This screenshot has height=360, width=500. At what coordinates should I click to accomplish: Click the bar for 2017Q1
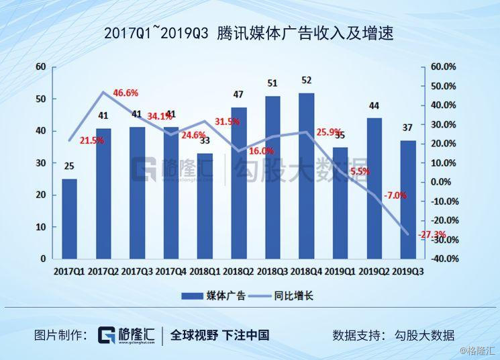click(x=69, y=218)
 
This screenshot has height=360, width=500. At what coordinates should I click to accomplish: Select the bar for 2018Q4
click(x=306, y=175)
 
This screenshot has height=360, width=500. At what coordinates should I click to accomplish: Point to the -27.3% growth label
click(x=432, y=234)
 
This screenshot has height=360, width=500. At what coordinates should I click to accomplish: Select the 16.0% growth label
click(x=261, y=151)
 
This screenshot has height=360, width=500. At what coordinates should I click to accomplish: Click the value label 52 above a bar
click(x=306, y=81)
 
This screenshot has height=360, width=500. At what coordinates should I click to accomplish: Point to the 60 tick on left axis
click(x=41, y=66)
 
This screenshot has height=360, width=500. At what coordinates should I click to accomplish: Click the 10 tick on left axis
click(x=41, y=227)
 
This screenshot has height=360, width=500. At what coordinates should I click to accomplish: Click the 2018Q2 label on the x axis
click(x=238, y=271)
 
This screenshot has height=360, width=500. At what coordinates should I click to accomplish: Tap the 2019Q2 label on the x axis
click(x=374, y=271)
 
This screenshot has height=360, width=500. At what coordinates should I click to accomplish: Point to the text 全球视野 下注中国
click(x=219, y=335)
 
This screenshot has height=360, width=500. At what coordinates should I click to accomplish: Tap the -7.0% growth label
click(x=395, y=195)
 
